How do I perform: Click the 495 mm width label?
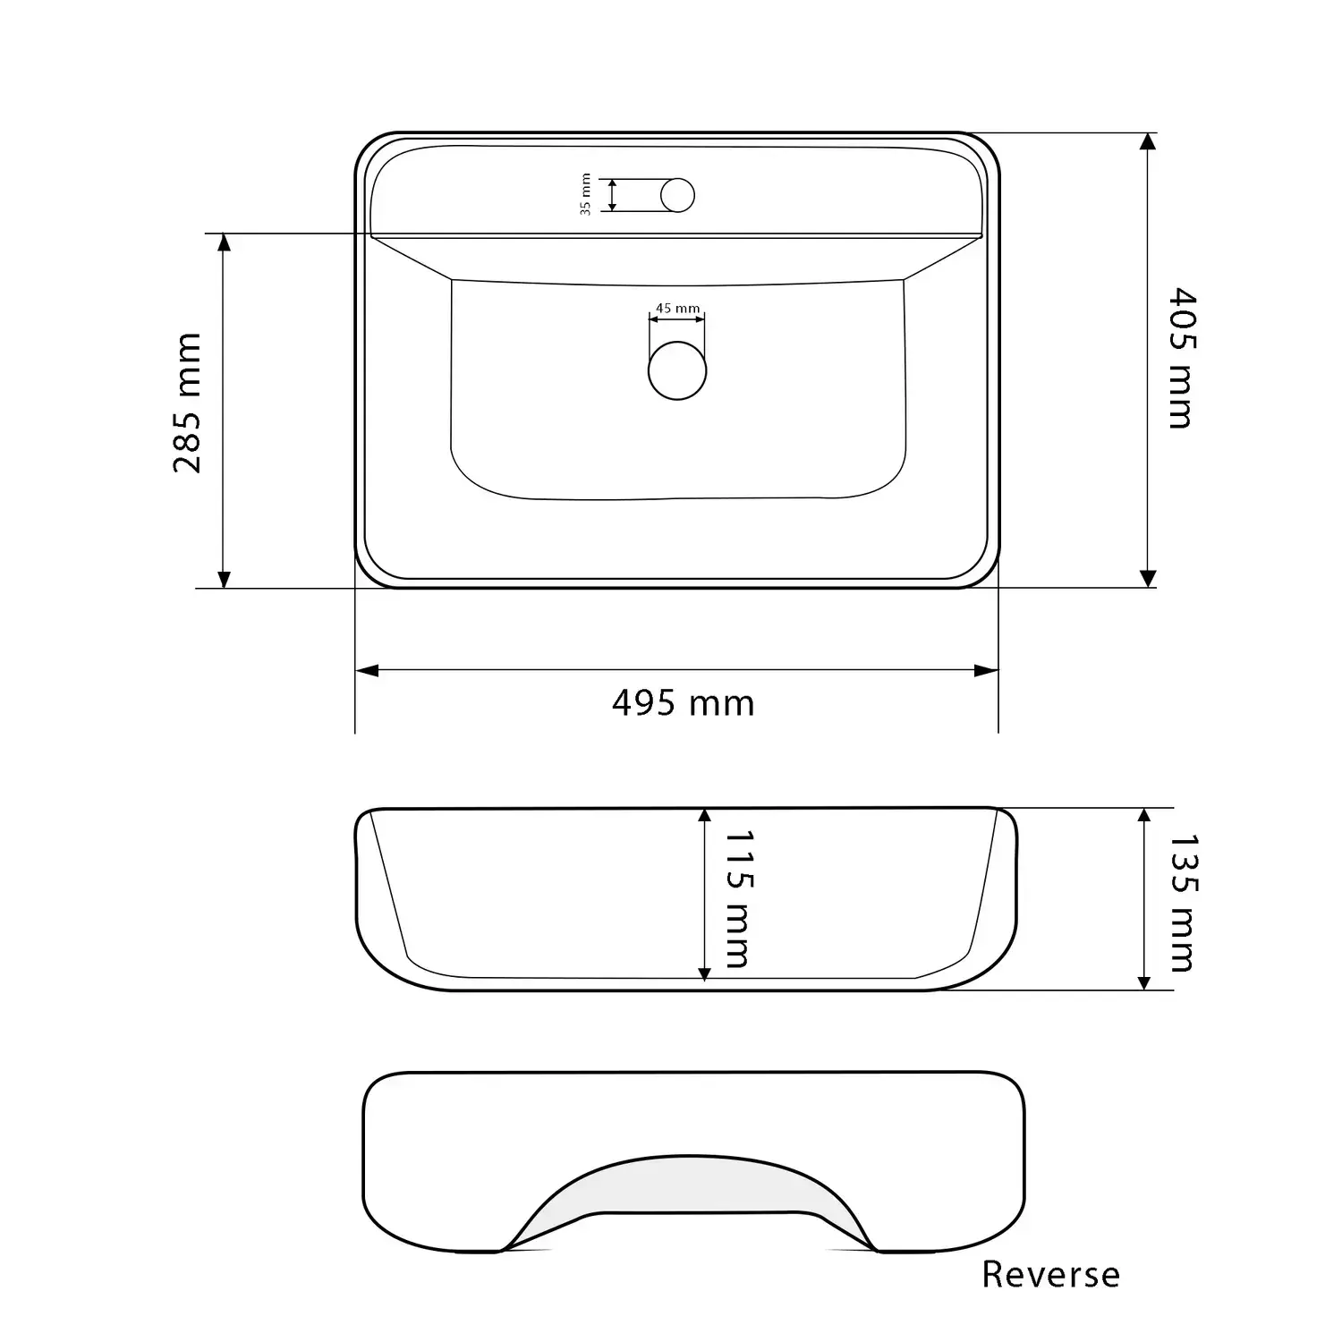684,703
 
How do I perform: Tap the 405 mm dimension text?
1182,358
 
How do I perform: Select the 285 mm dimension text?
188,403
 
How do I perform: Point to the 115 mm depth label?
737,898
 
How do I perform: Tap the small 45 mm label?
677,309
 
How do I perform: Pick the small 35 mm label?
586,194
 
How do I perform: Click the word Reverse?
1050,1274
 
